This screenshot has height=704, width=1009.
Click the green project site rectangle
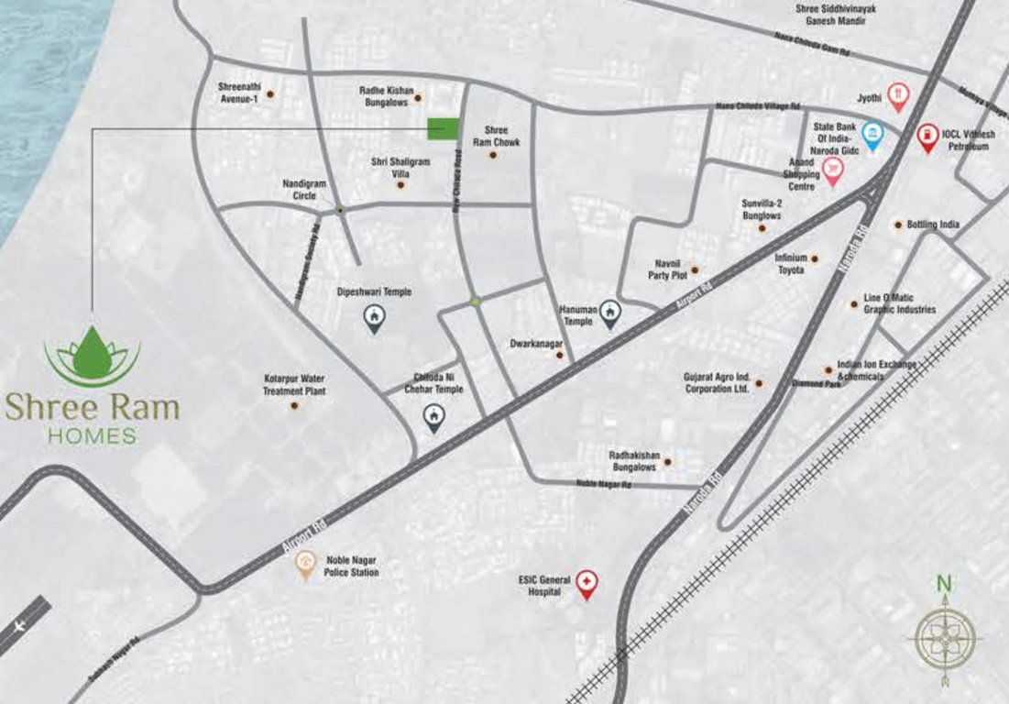tap(443, 129)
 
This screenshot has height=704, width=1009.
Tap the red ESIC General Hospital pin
tap(587, 583)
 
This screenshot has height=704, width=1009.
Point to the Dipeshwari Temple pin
tap(374, 317)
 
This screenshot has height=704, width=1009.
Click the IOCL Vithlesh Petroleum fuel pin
tap(928, 137)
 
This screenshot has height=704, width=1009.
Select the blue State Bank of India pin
tap(873, 135)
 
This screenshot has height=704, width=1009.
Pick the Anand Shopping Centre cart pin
tap(832, 170)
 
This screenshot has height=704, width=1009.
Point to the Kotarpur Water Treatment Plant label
tap(294, 384)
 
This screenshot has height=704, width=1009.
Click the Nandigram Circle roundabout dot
tap(340, 210)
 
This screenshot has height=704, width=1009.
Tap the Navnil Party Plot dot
tap(695, 270)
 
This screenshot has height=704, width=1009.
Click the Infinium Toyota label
tap(789, 264)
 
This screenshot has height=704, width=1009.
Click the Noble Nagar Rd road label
tap(604, 484)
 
